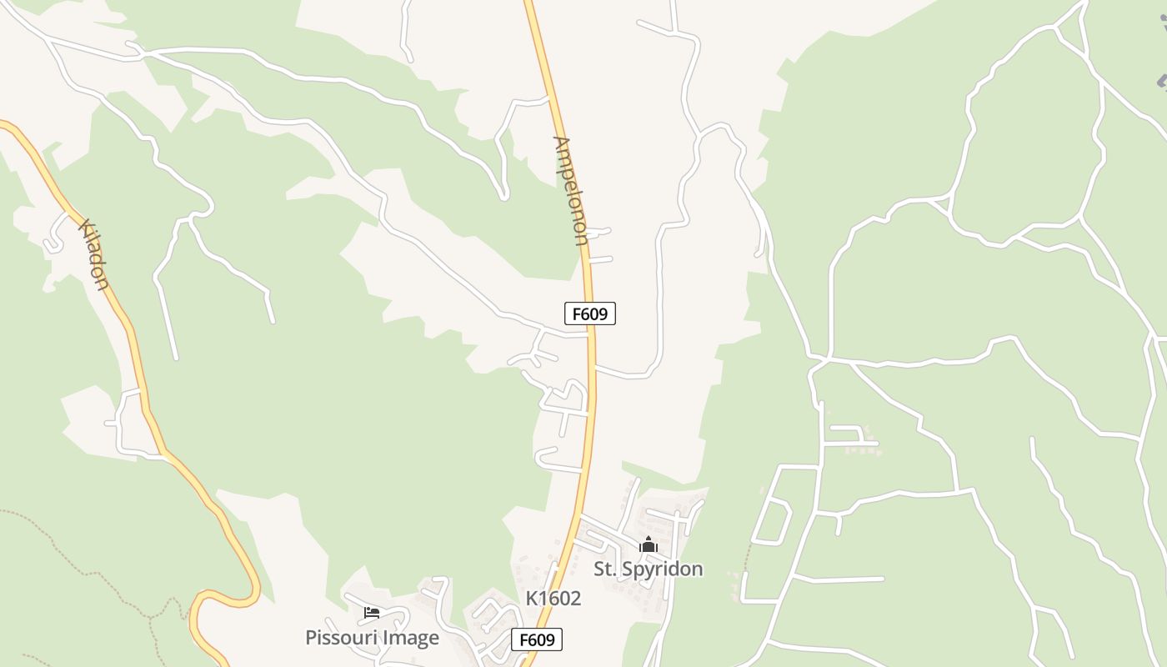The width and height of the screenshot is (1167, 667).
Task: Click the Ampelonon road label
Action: [570, 190]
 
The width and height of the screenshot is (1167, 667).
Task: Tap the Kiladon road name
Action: [93, 254]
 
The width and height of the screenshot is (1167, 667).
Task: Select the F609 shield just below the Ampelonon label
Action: [590, 313]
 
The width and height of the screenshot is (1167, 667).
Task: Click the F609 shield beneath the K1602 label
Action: [537, 639]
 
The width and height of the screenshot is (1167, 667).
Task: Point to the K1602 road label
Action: [553, 599]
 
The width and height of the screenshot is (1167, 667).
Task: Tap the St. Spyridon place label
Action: [648, 569]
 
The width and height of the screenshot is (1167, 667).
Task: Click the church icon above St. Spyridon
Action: [649, 545]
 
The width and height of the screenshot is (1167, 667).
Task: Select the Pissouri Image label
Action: [372, 638]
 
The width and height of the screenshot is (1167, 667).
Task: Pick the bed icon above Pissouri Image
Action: [372, 613]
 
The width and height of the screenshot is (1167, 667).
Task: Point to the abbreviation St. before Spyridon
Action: [604, 569]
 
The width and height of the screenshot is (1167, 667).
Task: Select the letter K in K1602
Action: [531, 599]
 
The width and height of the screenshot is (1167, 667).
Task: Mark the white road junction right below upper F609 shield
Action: [589, 334]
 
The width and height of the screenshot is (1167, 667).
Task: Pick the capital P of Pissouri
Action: [311, 638]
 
